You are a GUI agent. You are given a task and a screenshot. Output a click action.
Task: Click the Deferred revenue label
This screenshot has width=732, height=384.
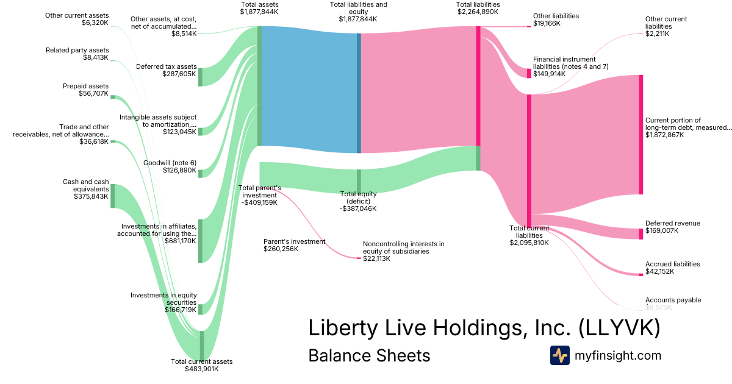click(672, 223)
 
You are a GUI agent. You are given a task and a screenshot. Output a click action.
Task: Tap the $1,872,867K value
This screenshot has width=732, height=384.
click(664, 135)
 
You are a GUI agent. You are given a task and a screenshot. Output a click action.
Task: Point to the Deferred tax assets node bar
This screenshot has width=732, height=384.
click(200, 77)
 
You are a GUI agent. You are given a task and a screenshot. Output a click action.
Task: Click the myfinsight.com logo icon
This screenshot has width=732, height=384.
click(559, 355)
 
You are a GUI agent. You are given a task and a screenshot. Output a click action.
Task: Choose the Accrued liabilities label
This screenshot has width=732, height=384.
click(672, 264)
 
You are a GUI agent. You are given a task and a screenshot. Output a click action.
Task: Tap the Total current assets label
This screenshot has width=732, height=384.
click(201, 361)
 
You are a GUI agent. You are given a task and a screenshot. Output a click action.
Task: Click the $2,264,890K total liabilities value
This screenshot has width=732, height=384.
click(478, 12)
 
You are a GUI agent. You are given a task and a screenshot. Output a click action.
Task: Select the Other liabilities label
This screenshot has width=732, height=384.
click(556, 16)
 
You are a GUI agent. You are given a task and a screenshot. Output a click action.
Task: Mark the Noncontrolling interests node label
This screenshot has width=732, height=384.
click(403, 247)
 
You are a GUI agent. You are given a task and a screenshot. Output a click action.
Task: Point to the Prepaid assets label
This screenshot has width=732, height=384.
click(85, 86)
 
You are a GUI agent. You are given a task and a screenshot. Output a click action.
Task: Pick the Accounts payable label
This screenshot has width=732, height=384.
click(673, 300)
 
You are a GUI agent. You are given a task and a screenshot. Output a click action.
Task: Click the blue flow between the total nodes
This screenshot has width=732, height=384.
click(309, 91)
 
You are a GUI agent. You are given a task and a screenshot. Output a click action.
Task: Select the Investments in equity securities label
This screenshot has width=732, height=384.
click(163, 299)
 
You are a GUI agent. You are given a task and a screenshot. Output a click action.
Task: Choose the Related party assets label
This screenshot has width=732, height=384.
click(77, 50)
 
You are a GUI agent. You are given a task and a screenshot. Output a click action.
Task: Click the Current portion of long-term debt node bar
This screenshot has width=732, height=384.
click(640, 135)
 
